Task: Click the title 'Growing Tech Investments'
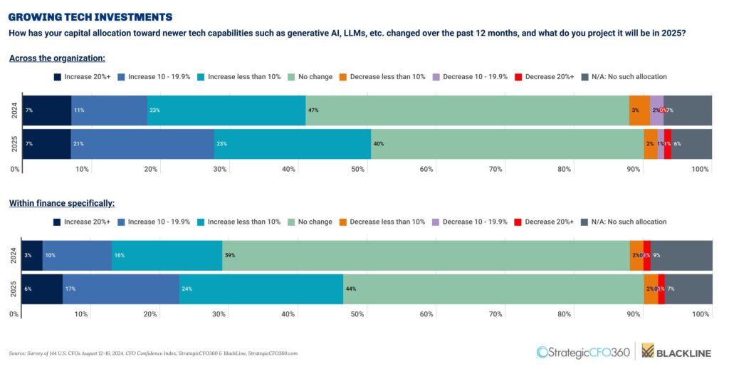coord(90,16)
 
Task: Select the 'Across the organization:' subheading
coord(57,58)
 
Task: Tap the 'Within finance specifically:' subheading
coord(61,203)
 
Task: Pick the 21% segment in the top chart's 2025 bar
coord(142,143)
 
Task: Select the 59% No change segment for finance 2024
coord(426,255)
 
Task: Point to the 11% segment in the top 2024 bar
coord(109,110)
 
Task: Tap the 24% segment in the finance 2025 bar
coord(261,289)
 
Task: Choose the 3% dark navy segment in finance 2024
coord(32,255)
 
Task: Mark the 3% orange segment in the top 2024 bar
coord(639,110)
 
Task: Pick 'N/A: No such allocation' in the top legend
coord(624,76)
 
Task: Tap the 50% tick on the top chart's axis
coord(357,169)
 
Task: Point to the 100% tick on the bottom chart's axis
coord(701,314)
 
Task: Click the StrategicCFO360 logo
coord(583,351)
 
